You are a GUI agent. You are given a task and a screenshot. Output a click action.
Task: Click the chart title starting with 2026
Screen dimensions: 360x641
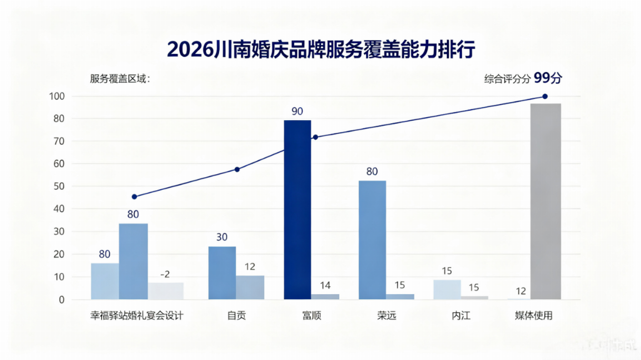pos(320,49)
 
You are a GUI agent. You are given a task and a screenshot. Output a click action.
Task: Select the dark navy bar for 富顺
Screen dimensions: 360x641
pos(297,209)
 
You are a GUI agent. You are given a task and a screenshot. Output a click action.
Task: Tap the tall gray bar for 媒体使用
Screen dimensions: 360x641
pos(545,201)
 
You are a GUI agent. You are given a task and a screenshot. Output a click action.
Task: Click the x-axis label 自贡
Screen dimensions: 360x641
pos(237,316)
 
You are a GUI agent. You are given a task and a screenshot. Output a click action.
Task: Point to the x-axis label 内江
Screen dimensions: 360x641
pos(461,316)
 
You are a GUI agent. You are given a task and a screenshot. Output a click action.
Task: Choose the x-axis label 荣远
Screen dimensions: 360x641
pos(386,316)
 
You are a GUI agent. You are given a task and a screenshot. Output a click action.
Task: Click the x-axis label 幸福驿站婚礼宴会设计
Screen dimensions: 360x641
pos(136,316)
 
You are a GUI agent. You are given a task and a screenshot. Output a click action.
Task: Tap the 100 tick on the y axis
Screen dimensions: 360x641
pos(57,96)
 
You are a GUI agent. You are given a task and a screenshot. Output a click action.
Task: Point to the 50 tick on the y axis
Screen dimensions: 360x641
pos(59,187)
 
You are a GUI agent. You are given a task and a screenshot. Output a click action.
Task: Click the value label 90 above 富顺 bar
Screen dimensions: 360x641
pos(297,111)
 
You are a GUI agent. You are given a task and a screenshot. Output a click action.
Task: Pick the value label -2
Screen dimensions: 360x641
pos(165,274)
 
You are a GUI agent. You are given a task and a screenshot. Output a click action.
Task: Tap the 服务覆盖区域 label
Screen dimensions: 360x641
pos(120,79)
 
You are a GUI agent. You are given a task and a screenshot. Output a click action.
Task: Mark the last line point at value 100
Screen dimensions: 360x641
pos(545,96)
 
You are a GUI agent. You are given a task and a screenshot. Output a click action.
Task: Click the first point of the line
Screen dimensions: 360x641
pos(134,197)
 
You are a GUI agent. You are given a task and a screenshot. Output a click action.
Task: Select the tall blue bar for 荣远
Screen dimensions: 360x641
pos(372,240)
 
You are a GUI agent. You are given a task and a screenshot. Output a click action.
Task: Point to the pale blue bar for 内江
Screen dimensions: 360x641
pos(447,289)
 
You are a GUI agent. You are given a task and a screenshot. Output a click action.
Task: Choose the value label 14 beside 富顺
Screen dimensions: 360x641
pos(325,285)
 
